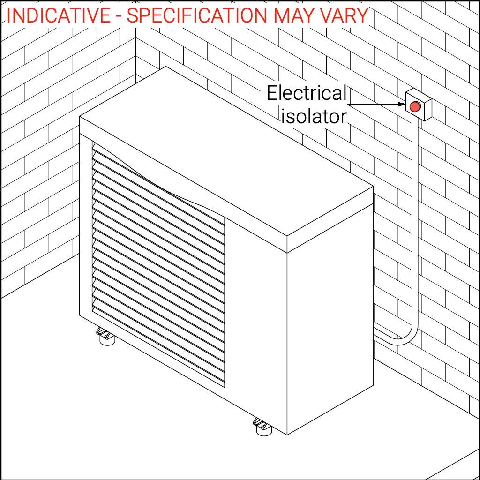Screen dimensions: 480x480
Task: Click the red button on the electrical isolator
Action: [415, 106]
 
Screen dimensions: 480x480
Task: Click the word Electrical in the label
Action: [307, 93]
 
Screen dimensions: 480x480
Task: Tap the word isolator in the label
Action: [314, 116]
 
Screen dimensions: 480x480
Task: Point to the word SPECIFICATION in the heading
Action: [197, 16]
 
